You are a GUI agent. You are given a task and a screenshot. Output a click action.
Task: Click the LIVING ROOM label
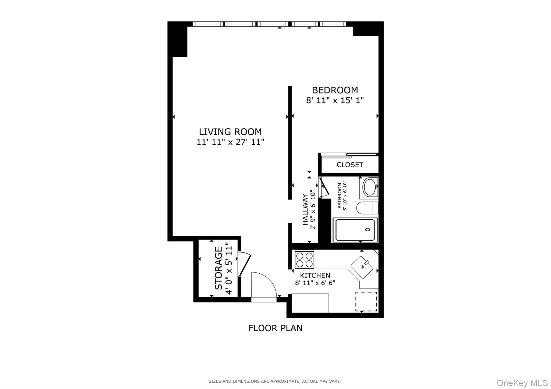pyautogui.click(x=230, y=132)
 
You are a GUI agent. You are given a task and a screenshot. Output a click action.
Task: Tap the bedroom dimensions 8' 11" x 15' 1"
pyautogui.click(x=335, y=101)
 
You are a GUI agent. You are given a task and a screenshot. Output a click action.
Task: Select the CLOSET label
pyautogui.click(x=350, y=165)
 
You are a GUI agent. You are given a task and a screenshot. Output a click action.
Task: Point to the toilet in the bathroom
pyautogui.click(x=367, y=208)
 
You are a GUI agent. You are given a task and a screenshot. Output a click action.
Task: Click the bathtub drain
pyautogui.click(x=368, y=230)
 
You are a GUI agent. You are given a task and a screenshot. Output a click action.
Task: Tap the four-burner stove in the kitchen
pyautogui.click(x=304, y=259)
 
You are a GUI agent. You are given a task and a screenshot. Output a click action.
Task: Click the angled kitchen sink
pyautogui.click(x=362, y=267)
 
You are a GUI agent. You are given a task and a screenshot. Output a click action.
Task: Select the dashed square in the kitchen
pyautogui.click(x=366, y=301)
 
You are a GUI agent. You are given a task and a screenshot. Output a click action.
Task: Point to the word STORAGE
pyautogui.click(x=219, y=268)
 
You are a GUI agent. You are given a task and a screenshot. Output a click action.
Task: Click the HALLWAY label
pyautogui.click(x=305, y=209)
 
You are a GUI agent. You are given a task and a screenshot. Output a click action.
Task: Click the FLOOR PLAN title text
pyautogui.click(x=275, y=328)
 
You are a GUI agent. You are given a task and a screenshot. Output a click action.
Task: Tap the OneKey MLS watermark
pyautogui.click(x=522, y=383)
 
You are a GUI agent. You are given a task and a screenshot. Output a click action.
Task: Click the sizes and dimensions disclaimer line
pyautogui.click(x=274, y=381)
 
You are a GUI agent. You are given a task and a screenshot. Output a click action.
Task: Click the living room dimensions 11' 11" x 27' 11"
pyautogui.click(x=230, y=142)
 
